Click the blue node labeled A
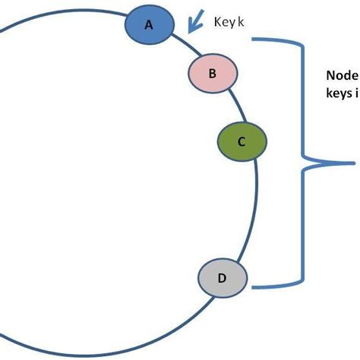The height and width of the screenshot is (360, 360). point(149,24)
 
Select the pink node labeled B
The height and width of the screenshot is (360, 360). point(213,73)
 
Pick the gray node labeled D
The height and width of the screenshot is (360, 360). point(223,278)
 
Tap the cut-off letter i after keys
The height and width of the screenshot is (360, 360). point(356,96)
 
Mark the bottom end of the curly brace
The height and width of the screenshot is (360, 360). point(254,287)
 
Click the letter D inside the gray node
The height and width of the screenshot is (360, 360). point(222,279)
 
